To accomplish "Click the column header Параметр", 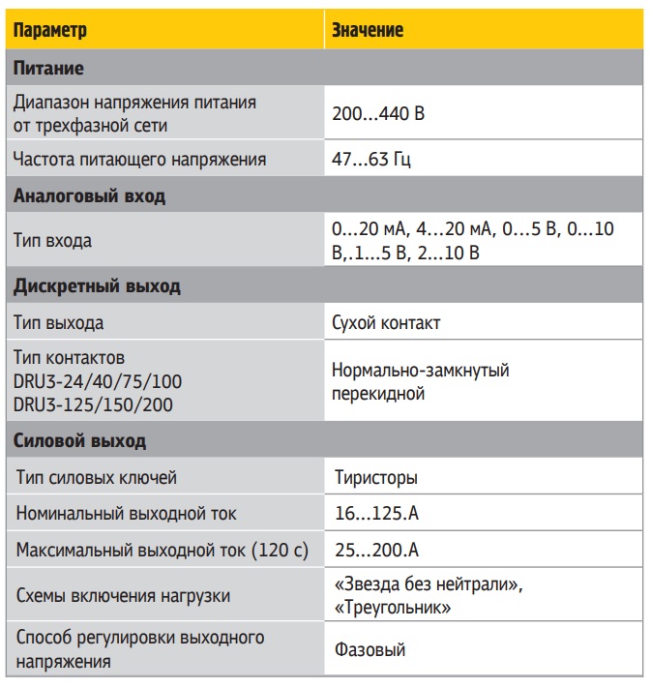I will pos(50,30).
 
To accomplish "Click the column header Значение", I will pos(368,30).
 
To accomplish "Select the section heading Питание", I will pos(48,70).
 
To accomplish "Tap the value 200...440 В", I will pos(378,113).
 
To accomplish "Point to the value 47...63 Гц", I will pos(371,159).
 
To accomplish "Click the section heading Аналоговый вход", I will pos(89,195).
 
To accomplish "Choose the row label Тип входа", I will pos(53,241).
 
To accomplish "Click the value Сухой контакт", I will pos(386,323).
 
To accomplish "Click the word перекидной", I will pos(378,395).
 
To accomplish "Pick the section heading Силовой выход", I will pos(79,441).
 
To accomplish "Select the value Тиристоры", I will pos(376,478).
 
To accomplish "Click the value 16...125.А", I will pos(375,514).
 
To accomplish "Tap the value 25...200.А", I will pos(375,551).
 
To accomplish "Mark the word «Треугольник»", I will pos(391,608).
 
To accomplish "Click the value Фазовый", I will pos(370,650).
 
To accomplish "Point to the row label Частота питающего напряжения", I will pos(139,159).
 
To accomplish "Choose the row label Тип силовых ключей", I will pos(97,478).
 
